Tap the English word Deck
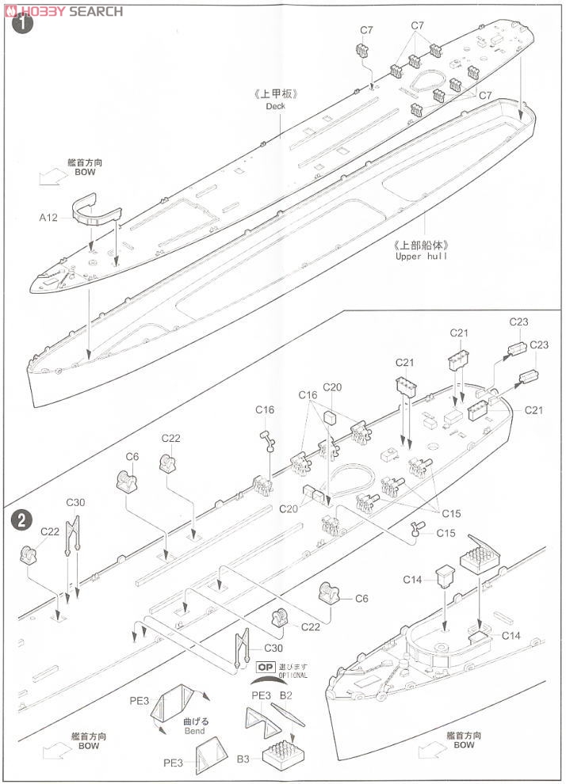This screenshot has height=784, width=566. coord(275,106)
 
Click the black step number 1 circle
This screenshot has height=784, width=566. coord(23,24)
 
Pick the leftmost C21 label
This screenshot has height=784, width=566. coord(405,362)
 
